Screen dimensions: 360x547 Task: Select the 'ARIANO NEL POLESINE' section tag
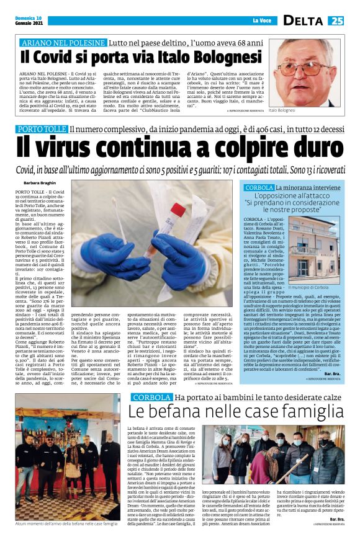63,43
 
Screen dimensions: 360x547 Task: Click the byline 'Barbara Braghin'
40,184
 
